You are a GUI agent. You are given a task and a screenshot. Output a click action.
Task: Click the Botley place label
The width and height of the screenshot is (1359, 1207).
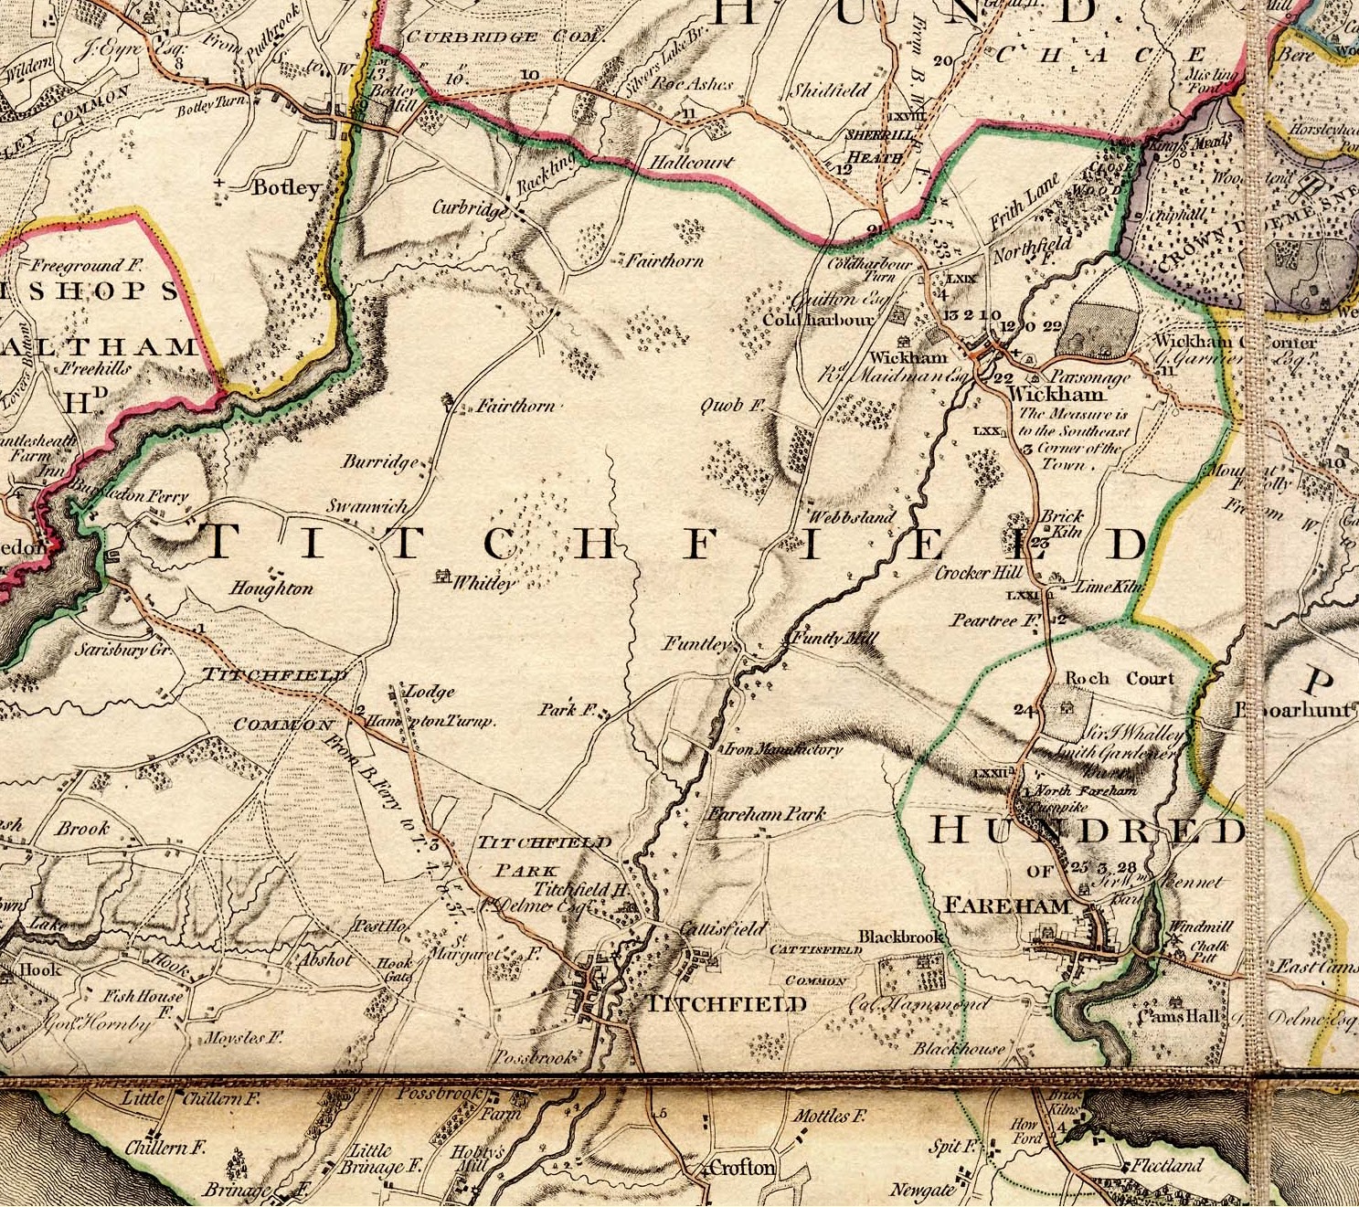286,188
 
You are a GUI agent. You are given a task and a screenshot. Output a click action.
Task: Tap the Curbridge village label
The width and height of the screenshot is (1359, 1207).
469,208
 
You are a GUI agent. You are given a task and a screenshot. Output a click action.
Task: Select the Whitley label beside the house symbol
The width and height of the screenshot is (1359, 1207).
484,582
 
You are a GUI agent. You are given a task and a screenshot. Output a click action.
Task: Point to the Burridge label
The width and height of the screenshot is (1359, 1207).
380,462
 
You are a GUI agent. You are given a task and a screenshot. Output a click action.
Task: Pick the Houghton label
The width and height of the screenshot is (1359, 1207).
271,588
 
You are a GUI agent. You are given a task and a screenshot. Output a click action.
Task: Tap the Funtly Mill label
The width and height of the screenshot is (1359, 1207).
831,638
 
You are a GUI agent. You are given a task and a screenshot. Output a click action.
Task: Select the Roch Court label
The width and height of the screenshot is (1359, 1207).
1120,679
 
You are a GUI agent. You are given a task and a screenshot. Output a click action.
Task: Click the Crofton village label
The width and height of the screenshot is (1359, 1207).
742,1168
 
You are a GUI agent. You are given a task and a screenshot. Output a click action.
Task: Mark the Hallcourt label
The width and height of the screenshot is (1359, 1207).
692,162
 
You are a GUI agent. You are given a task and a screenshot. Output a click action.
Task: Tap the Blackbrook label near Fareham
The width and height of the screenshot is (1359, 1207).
899,937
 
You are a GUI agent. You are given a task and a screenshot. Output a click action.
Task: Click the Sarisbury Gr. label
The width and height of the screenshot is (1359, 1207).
123,651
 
